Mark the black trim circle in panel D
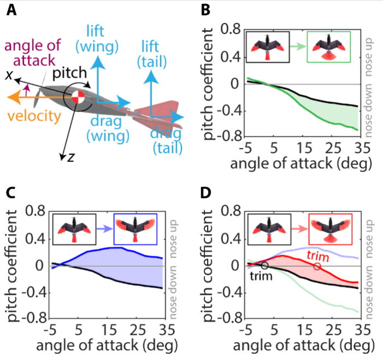(265, 266)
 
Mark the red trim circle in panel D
(317, 266)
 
